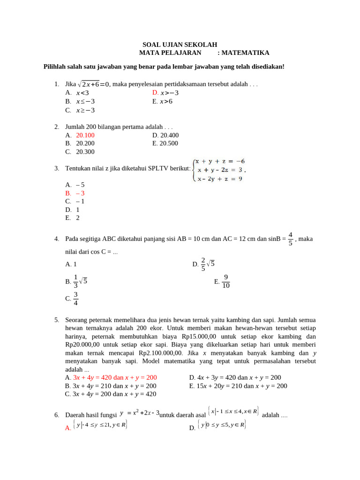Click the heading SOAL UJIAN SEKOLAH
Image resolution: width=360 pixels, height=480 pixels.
180,45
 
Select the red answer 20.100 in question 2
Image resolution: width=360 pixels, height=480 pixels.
85,135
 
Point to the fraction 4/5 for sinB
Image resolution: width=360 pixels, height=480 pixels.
290,239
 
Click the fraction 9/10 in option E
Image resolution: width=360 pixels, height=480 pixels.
225,282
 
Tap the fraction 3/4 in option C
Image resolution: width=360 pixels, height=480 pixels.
75,298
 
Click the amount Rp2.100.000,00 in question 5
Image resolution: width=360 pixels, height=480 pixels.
161,353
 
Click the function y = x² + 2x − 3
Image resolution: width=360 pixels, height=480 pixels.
140,413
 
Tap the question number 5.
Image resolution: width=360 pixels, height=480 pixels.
56,320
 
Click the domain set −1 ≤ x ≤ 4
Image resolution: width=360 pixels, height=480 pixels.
233,412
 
